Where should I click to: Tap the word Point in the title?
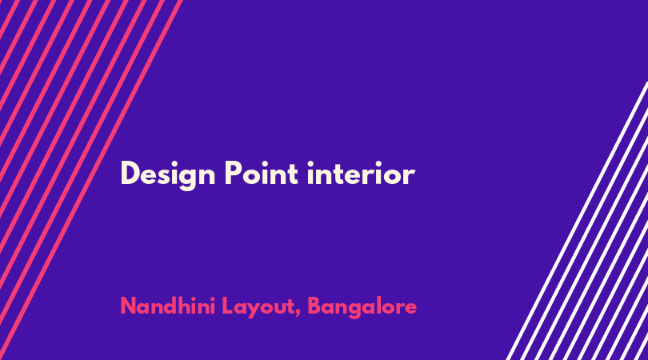262,173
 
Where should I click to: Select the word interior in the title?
361,173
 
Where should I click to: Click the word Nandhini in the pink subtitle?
167,306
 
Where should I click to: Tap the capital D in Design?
129,173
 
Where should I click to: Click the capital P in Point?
233,173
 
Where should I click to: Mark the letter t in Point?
294,174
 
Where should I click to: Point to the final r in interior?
410,176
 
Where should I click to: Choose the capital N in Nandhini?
129,306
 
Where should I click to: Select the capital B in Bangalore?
315,306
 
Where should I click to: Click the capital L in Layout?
228,306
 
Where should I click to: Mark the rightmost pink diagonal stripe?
90,180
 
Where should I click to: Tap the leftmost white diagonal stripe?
577,221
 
